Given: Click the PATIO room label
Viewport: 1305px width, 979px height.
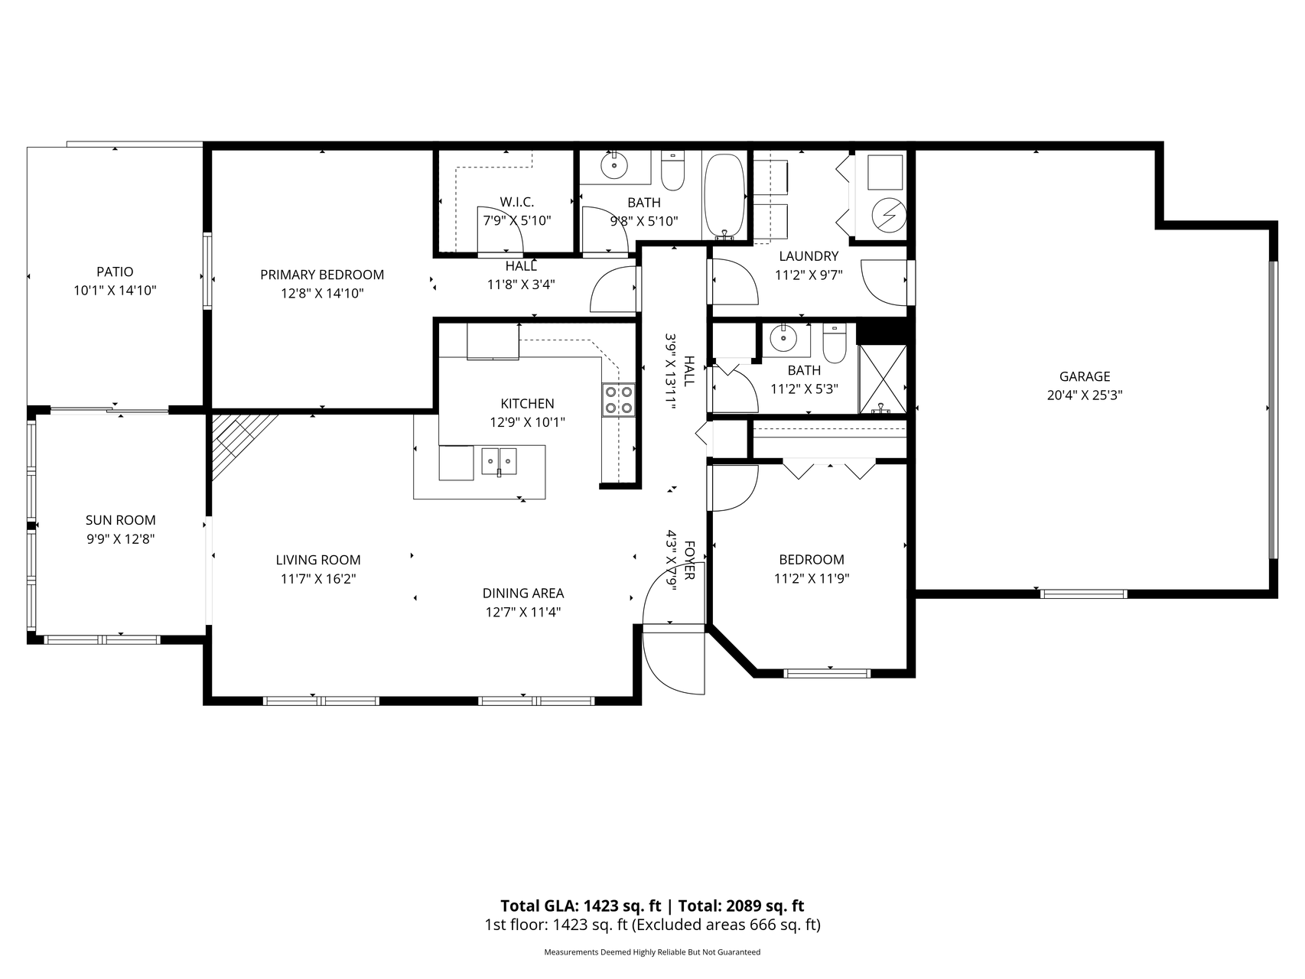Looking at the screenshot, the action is tap(115, 272).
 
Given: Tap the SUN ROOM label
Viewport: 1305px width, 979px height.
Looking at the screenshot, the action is tap(120, 520).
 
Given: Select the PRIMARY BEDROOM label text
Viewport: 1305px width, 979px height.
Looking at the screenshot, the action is tap(322, 275).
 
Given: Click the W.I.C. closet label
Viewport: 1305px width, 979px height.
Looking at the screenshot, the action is tap(517, 202).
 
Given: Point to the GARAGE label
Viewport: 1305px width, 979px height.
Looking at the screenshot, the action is tap(1085, 376).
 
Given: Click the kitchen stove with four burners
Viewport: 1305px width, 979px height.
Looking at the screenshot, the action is tap(619, 398).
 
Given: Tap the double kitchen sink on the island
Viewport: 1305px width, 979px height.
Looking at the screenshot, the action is tap(499, 461).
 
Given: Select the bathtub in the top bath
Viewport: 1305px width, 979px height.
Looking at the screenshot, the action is tap(724, 196).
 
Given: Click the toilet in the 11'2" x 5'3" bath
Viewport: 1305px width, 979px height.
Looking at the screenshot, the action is tap(834, 343).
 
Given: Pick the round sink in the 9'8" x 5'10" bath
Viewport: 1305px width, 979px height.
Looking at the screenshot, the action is tap(613, 165).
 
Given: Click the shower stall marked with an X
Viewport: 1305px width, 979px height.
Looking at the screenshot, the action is tap(883, 379).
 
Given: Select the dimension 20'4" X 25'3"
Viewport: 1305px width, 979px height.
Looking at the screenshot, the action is tap(1085, 395).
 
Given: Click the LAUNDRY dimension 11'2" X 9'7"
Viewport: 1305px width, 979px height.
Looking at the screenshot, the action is tap(809, 275).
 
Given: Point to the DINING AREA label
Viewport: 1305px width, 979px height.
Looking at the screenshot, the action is tap(523, 593).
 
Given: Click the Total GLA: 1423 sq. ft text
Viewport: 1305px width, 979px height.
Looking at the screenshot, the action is tap(581, 906).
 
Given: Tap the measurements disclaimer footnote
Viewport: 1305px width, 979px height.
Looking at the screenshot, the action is tap(652, 952).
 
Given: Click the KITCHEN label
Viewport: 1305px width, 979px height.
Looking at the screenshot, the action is tap(527, 403).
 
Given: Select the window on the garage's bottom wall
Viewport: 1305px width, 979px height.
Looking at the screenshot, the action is tap(1083, 594).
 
